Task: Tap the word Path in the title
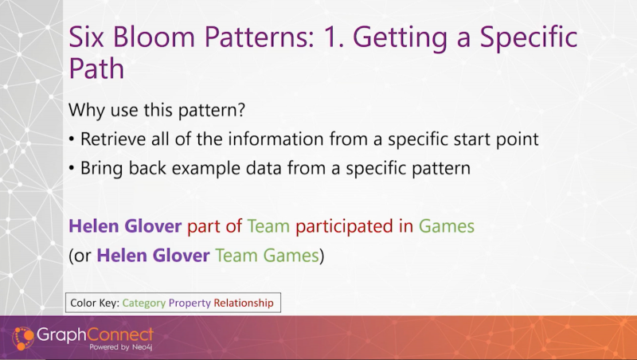click(x=96, y=68)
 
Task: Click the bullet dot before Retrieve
click(x=72, y=139)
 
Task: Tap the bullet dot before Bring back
click(x=72, y=168)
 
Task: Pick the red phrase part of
click(x=214, y=226)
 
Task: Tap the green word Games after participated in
click(x=447, y=226)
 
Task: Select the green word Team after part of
click(x=268, y=226)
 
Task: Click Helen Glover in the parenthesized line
click(x=153, y=256)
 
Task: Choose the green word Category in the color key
click(x=144, y=303)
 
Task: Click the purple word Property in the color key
click(x=190, y=303)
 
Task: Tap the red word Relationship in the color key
click(x=244, y=303)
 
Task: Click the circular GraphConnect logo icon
click(x=23, y=338)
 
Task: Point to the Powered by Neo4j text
click(x=121, y=347)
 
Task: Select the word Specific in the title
click(x=529, y=37)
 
